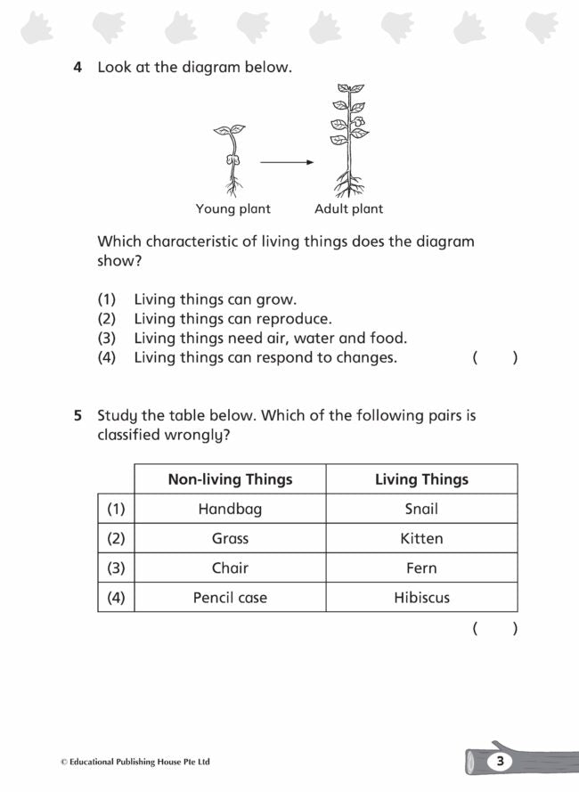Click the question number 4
(77, 67)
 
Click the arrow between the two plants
(287, 162)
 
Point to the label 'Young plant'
(233, 209)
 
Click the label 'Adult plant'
(348, 209)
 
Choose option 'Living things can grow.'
(215, 299)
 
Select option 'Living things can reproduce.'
(232, 319)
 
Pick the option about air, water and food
(270, 339)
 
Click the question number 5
(77, 415)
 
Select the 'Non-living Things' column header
(230, 479)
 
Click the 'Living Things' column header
(421, 479)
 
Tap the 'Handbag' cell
(230, 509)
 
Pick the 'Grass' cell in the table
(230, 538)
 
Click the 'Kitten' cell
(421, 538)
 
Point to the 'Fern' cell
(421, 567)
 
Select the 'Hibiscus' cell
(421, 597)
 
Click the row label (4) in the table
(116, 597)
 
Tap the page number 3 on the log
(501, 761)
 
